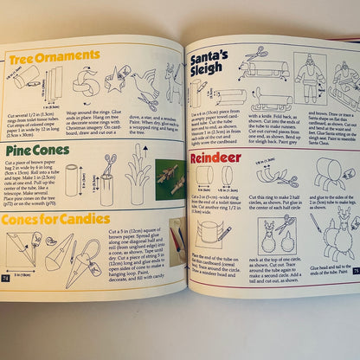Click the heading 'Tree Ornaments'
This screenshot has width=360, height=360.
pyautogui.click(x=54, y=58)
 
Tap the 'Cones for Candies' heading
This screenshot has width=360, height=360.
pyautogui.click(x=54, y=219)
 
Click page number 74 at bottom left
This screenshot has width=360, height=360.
pyautogui.click(x=7, y=279)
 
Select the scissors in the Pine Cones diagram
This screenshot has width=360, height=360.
pyautogui.click(x=109, y=162)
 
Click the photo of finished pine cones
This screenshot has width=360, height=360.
pyautogui.click(x=170, y=177)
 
